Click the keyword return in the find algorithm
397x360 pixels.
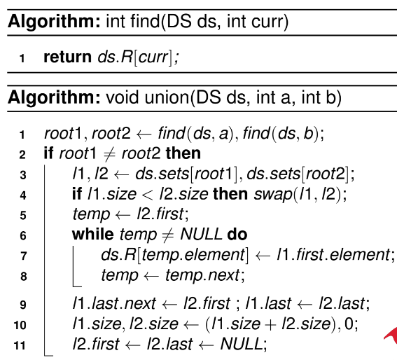pos(68,57)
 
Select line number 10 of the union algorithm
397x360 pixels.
pos(20,325)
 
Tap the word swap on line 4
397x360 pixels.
pos(273,195)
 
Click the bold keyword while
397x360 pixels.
pos(93,235)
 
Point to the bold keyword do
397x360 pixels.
pos(237,235)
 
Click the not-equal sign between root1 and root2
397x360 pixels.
pos(109,154)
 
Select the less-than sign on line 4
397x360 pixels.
pos(148,195)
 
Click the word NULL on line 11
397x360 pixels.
pos(242,344)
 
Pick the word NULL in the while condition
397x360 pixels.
pos(201,235)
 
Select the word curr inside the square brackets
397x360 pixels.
pos(153,57)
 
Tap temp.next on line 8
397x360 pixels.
pos(202,275)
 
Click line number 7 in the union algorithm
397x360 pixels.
pos(23,256)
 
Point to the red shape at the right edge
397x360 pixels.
pos(391,335)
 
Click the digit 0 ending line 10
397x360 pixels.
pos(349,324)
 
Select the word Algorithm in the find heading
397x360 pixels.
pos(54,21)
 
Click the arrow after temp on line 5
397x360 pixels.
pos(123,215)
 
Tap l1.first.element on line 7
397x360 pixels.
pos(333,255)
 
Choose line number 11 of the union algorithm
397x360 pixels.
pos(20,345)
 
